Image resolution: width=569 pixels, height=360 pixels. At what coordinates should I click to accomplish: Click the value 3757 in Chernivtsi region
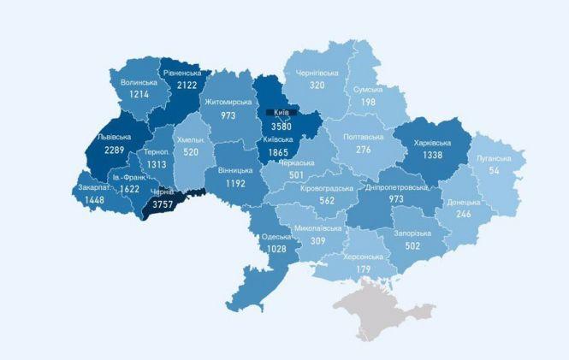point(162,204)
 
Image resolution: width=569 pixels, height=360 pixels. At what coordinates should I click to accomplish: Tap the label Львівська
point(113,137)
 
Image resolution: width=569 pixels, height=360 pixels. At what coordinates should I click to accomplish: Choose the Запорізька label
point(413,233)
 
